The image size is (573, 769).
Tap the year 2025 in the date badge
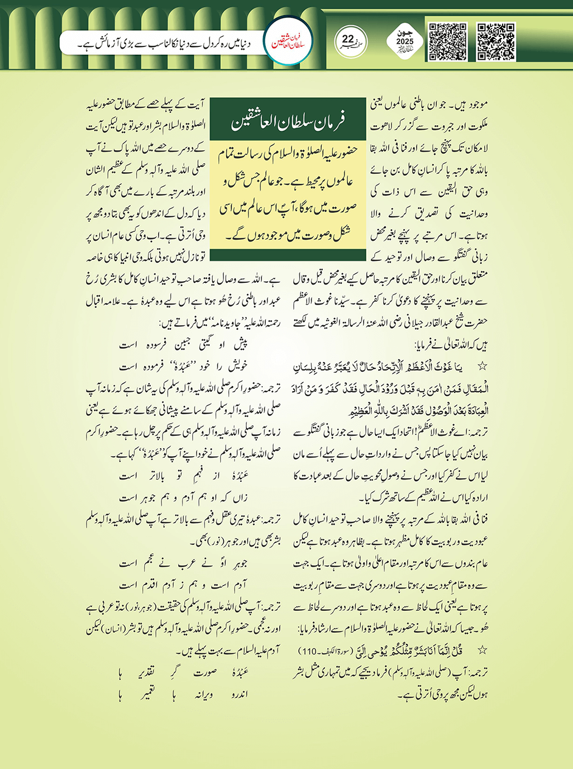click(405, 42)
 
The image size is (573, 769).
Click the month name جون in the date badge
click(405, 33)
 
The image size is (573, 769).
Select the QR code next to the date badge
click(447, 42)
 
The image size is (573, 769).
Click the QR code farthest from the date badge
click(496, 42)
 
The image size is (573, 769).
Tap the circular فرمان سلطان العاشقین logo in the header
click(288, 42)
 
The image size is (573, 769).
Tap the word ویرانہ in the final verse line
click(203, 695)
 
